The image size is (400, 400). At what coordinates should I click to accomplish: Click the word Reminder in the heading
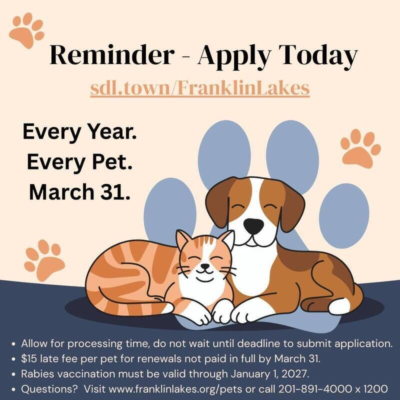[112, 55]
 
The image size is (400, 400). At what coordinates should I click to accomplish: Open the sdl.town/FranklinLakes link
[200, 88]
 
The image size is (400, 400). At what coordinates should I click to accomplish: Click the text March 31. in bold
[80, 192]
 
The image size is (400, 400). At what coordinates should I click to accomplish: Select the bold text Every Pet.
[80, 162]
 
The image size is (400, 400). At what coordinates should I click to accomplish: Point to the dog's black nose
[253, 226]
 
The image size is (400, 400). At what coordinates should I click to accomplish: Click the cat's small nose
[205, 266]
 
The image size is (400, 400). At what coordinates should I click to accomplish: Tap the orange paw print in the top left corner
[26, 30]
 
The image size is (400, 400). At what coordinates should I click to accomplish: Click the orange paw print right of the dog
[360, 148]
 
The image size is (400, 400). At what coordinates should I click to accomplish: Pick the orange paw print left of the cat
[44, 260]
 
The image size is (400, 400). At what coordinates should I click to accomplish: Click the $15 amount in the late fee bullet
[29, 358]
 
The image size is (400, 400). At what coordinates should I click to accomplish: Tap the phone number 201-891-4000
[315, 389]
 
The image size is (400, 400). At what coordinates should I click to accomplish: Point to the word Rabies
[38, 374]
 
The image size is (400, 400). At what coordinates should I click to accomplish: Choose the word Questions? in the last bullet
[49, 389]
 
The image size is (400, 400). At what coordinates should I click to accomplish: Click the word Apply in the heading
[233, 56]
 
